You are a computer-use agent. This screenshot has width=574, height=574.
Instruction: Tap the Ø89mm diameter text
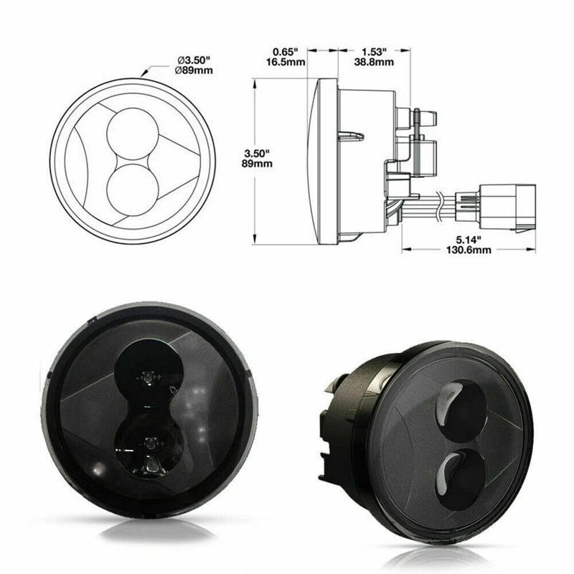point(194,70)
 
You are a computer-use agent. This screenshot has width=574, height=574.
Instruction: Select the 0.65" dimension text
point(286,52)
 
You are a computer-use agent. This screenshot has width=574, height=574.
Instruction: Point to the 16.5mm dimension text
point(286,62)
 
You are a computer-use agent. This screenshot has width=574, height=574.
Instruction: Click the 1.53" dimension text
point(374,52)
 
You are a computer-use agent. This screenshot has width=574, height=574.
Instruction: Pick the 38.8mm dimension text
point(374,62)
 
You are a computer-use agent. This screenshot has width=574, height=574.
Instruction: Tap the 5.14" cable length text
point(469,240)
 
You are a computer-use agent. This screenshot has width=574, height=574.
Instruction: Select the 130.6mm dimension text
point(469,250)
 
